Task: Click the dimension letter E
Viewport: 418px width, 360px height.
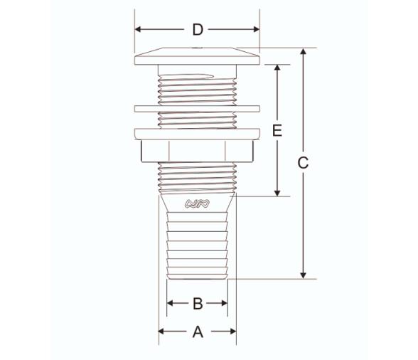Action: click(x=277, y=131)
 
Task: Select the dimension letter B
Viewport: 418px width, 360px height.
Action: click(x=198, y=304)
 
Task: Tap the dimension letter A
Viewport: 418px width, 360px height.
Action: click(x=198, y=331)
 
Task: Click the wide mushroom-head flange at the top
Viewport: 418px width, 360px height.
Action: click(x=197, y=54)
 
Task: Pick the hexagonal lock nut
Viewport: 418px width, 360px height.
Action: click(x=197, y=151)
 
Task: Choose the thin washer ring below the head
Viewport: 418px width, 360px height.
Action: click(x=197, y=109)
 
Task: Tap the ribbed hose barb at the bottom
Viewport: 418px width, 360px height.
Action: click(x=197, y=245)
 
